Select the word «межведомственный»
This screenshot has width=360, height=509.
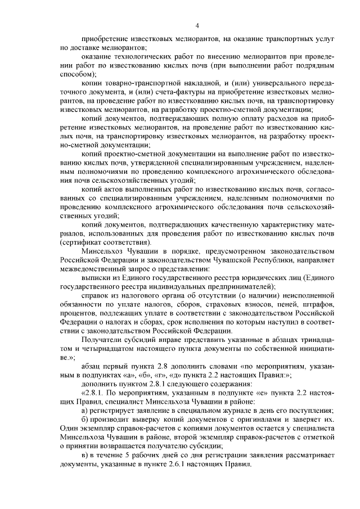(x=92, y=269)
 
